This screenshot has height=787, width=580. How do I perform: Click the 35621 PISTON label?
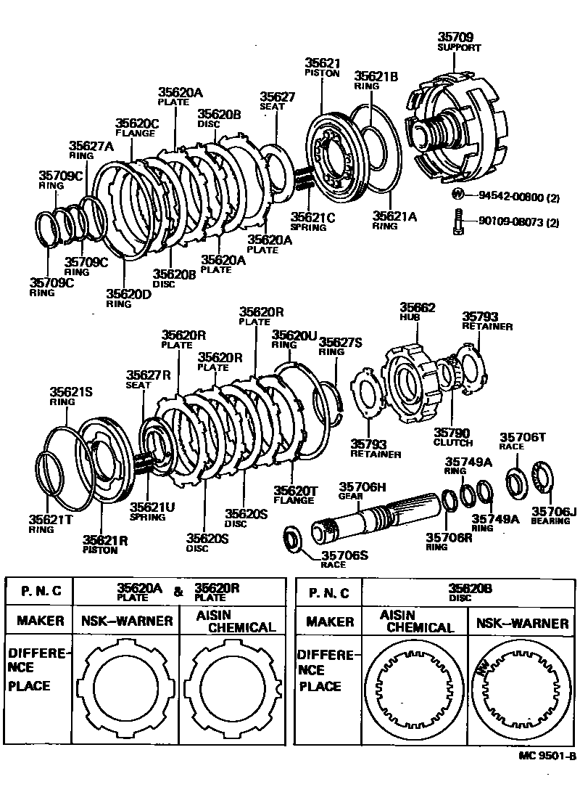(x=321, y=68)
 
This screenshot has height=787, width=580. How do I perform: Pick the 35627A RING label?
(x=91, y=150)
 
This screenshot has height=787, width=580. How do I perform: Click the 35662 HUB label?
(x=417, y=312)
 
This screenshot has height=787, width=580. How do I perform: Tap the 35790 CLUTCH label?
(x=452, y=437)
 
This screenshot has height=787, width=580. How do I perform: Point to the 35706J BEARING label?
(x=554, y=515)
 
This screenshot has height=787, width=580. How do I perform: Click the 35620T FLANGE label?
(x=295, y=495)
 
